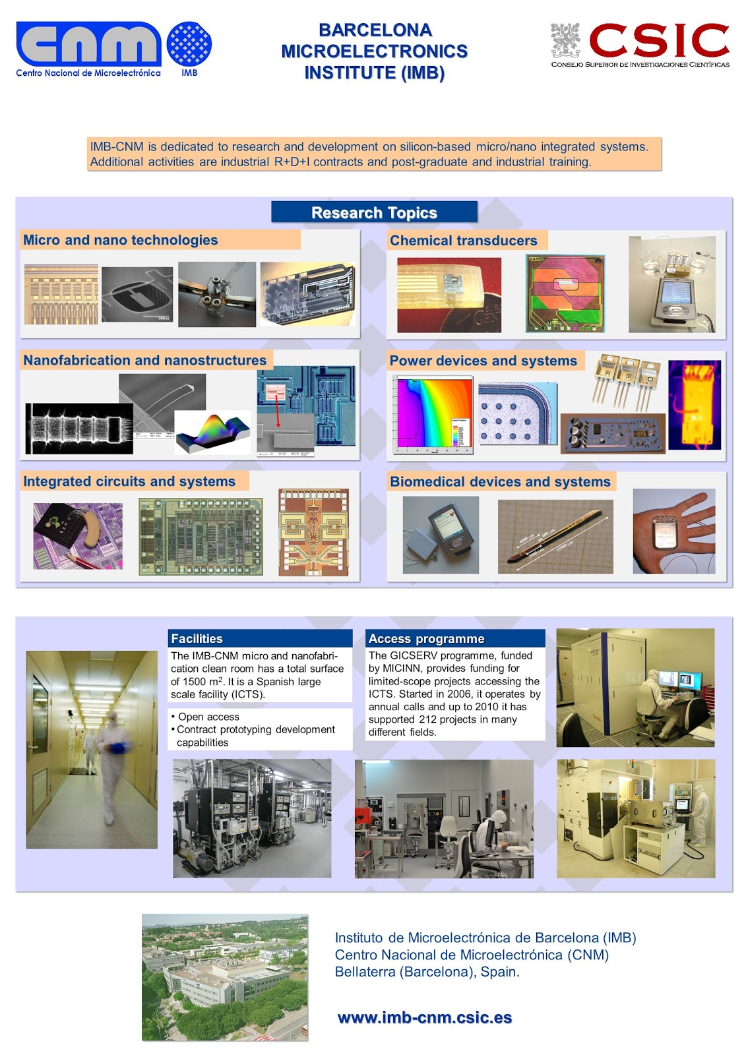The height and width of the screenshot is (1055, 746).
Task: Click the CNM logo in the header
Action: point(88,45)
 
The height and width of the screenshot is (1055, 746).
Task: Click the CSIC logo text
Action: point(658,41)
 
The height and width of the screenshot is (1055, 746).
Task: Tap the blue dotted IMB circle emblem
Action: point(189,44)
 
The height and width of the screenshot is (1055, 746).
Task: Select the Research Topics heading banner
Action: point(374,212)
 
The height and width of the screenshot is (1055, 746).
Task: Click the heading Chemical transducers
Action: point(463,241)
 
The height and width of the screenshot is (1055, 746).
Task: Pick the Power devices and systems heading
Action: point(483,361)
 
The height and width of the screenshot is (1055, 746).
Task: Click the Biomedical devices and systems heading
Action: point(500,482)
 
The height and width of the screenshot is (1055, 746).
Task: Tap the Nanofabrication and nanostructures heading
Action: point(144,361)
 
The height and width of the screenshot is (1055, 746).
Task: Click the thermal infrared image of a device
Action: point(694,404)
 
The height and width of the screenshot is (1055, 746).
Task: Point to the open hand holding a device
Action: point(673,531)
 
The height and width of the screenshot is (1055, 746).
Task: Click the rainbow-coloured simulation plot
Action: point(433,414)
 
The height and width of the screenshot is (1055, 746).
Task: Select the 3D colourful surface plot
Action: point(212,433)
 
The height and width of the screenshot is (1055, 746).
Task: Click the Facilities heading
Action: point(197,638)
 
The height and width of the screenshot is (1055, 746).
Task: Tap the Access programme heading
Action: point(426,638)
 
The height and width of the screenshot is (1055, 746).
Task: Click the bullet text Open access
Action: point(208,717)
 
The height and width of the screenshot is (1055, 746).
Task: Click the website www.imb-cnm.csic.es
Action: point(424,1017)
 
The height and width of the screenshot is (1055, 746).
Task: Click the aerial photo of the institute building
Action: point(224,977)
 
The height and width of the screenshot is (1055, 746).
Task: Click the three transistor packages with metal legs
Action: point(627,379)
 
